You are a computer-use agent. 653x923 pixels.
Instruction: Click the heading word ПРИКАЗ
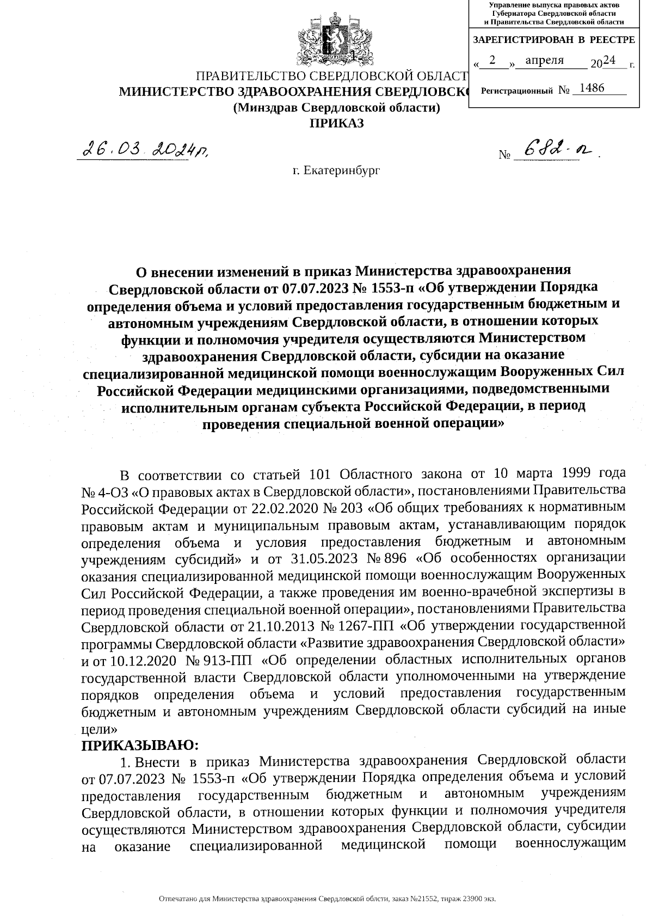[x=336, y=123]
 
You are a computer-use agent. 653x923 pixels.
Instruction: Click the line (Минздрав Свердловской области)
[x=336, y=108]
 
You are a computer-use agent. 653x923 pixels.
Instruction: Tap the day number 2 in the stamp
[x=492, y=60]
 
